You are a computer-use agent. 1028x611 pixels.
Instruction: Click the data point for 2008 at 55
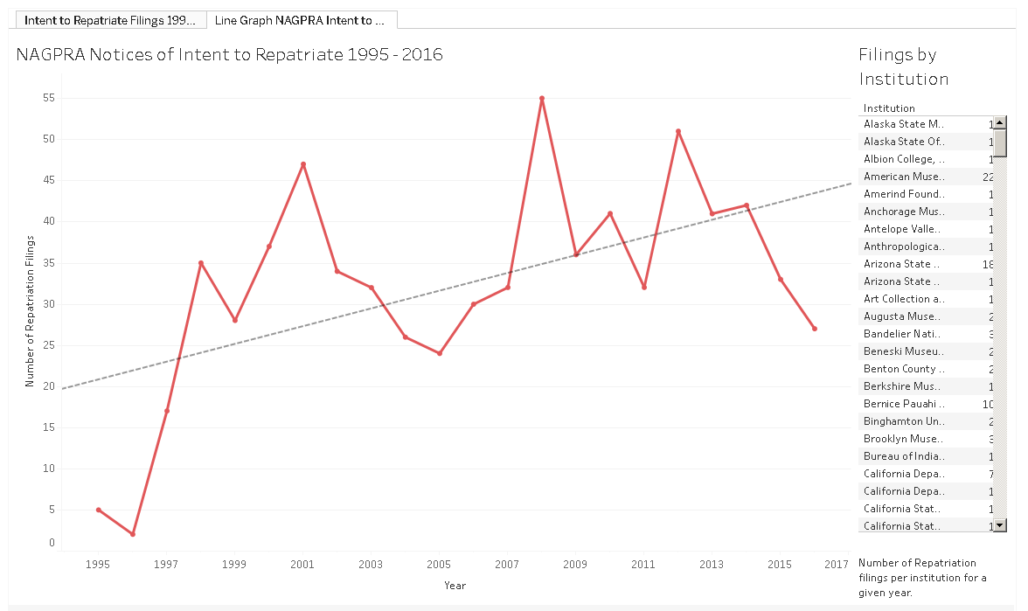tap(542, 99)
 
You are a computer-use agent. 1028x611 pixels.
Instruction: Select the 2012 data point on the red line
tap(678, 131)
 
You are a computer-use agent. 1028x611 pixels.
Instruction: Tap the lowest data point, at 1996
tap(133, 533)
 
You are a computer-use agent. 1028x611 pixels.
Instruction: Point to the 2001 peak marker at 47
tap(303, 164)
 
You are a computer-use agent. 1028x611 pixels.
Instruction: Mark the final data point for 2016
tap(815, 329)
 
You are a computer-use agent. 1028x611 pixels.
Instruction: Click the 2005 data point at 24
tap(440, 353)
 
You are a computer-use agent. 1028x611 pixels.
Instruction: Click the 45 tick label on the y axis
tap(47, 180)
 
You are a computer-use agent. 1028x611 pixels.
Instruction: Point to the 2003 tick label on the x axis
tap(371, 565)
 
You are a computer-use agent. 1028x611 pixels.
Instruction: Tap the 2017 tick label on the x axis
tap(837, 565)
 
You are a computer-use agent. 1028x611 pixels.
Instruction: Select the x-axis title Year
tap(455, 586)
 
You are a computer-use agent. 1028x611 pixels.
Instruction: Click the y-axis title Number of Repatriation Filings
tap(30, 311)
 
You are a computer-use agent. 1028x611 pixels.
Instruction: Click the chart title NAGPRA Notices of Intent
tap(230, 55)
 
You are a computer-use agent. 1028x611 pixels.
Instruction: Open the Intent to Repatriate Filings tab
tap(109, 19)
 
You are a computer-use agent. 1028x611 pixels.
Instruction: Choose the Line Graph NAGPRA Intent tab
tap(300, 19)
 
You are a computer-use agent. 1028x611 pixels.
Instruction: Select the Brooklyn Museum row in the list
tap(902, 439)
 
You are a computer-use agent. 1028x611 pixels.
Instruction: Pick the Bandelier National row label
tap(902, 334)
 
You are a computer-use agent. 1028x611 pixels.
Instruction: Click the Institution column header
tap(889, 108)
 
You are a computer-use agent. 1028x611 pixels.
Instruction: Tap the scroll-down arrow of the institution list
tap(1001, 525)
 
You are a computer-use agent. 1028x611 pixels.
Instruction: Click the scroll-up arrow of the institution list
tap(1001, 123)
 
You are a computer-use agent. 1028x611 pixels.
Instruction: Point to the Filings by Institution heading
tap(903, 66)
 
